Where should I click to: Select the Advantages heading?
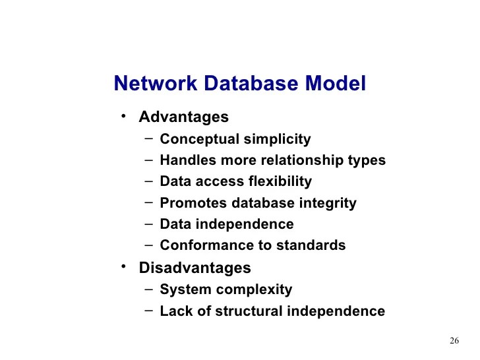click(183, 117)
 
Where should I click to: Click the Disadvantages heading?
click(195, 268)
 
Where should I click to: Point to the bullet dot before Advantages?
click(123, 117)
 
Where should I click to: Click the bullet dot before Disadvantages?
click(123, 267)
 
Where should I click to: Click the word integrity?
click(328, 203)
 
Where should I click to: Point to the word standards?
click(311, 245)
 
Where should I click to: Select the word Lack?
click(175, 311)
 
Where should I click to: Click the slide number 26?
click(454, 341)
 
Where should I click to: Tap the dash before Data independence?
click(148, 224)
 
